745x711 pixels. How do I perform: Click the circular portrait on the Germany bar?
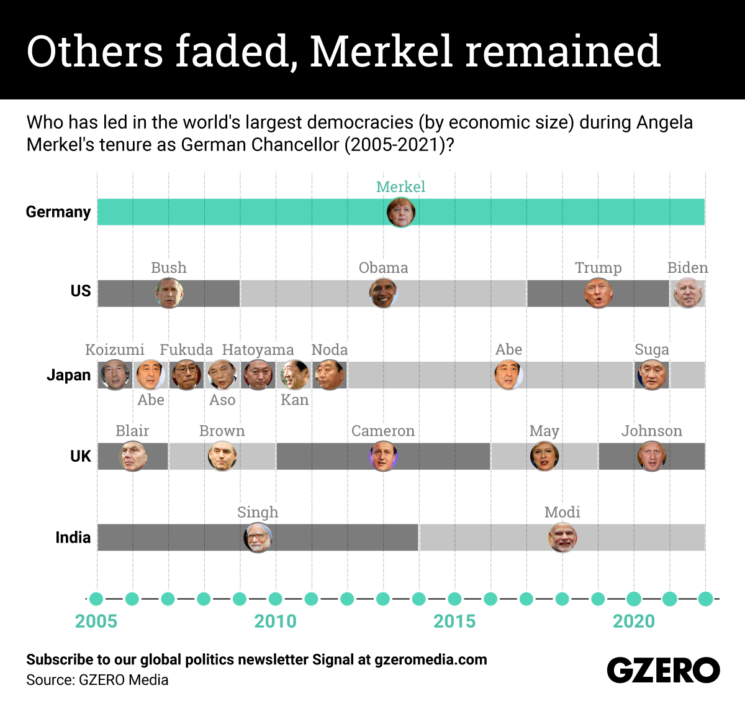400,213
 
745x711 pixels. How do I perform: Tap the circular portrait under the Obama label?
383,293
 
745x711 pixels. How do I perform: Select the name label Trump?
598,268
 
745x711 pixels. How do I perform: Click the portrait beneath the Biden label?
688,293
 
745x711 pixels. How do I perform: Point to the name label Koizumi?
115,350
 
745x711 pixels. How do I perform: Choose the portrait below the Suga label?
651,375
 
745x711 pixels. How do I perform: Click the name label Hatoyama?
258,350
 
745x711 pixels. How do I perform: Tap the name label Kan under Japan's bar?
294,400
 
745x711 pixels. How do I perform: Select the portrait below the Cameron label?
383,457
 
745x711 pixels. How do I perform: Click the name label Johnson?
651,431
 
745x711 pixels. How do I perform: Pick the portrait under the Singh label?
258,538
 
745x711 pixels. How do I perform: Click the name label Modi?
562,512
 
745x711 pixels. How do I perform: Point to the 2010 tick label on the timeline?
275,621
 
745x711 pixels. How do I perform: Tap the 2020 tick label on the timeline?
633,621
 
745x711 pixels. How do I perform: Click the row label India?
73,538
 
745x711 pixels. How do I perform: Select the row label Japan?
68,375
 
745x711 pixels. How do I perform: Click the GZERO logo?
663,671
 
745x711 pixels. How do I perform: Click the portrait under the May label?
544,457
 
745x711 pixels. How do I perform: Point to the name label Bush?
168,268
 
